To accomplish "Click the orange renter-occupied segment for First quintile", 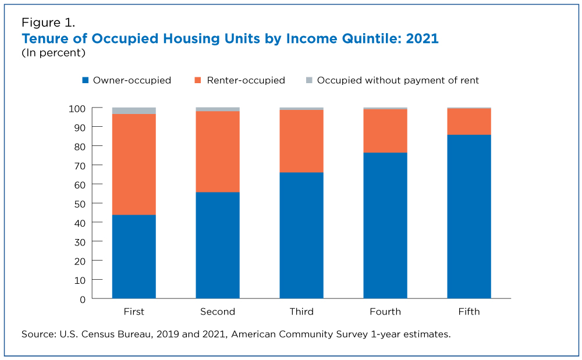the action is [134, 164].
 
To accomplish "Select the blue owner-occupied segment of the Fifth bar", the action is [469, 216].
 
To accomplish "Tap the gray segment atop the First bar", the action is [134, 111].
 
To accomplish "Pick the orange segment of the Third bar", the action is [301, 141].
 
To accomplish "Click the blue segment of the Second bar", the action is [218, 245].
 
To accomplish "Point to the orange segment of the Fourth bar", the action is [385, 131].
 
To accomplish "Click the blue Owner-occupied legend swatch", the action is [86, 80].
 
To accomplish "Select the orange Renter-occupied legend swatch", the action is [198, 80].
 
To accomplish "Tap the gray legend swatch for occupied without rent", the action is [309, 80].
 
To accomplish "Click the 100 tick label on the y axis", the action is [77, 109].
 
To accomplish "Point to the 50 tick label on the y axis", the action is [80, 204].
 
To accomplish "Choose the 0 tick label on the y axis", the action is [83, 300].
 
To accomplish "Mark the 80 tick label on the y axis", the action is [80, 147].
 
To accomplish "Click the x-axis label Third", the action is [301, 311].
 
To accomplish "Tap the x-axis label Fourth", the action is [385, 311].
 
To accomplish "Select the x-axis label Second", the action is [218, 311].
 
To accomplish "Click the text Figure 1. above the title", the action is [48, 23].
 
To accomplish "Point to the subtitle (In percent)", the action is [54, 53].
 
